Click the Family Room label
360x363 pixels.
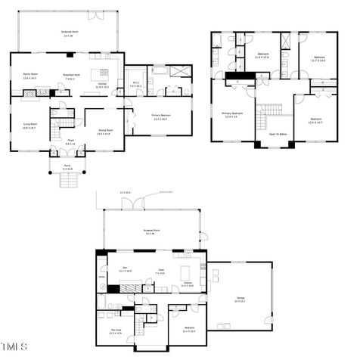(31, 75)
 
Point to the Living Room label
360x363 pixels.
(31, 126)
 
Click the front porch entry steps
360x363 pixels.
(68, 181)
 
